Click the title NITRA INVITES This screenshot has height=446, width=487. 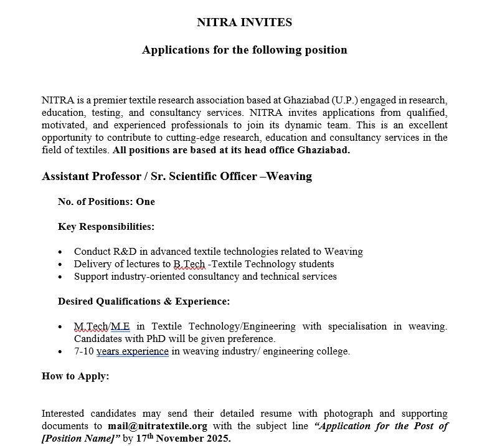click(244, 22)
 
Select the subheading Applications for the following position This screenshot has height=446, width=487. click(244, 50)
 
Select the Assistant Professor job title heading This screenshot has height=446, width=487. click(176, 176)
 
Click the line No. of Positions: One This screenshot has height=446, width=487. click(106, 202)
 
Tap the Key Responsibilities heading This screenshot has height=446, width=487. click(106, 227)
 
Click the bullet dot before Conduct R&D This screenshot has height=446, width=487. click(59, 252)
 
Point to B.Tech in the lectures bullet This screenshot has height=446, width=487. click(189, 264)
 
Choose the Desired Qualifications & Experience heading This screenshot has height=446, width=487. click(144, 301)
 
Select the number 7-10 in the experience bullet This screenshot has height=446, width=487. click(83, 351)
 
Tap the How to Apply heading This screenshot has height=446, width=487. click(75, 376)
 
